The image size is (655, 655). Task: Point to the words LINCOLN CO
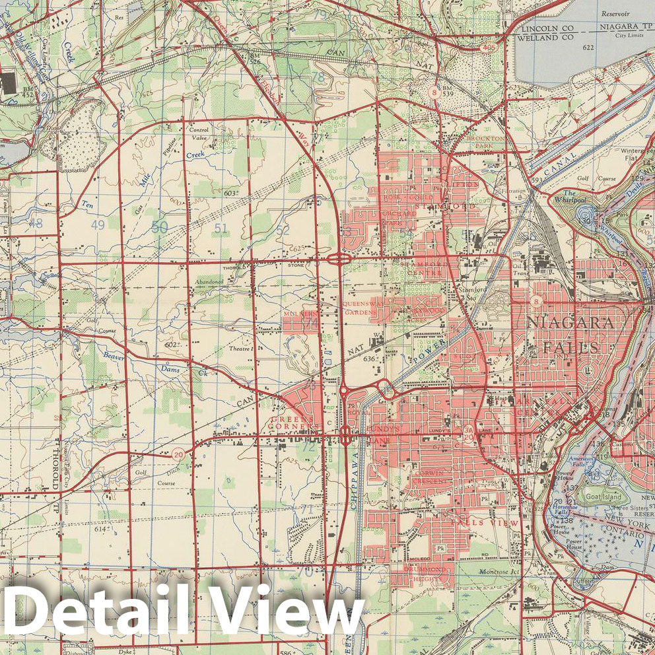click(547, 30)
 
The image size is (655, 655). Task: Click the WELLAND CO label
click(547, 38)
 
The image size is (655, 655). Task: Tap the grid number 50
click(159, 227)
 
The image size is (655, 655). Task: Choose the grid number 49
click(98, 225)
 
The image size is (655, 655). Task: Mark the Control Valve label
click(199, 134)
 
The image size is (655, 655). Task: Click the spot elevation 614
click(100, 529)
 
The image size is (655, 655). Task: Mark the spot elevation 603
click(229, 193)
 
